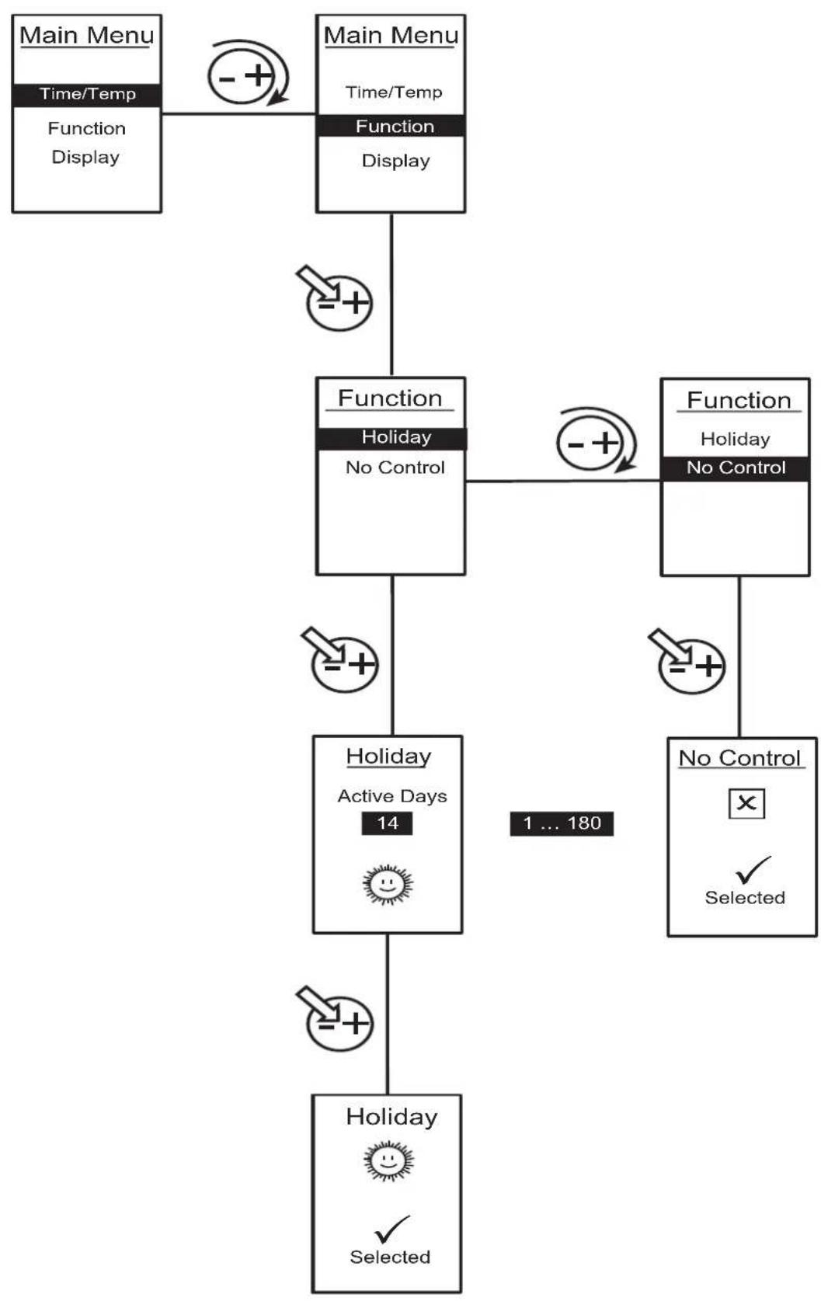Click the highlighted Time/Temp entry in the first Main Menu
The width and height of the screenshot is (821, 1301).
coord(87,94)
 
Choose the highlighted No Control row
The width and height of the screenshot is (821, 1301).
coord(735,468)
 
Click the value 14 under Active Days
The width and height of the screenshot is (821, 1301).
coord(388,823)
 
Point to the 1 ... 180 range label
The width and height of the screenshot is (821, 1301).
coord(562,823)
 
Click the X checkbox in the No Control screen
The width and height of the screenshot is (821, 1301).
coord(746,803)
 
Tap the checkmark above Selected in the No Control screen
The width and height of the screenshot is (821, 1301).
coord(753,869)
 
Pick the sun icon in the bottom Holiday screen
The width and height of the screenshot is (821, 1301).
coord(388,1161)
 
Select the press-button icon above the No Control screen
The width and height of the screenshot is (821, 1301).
coord(687,661)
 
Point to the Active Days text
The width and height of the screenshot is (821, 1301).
coord(392,796)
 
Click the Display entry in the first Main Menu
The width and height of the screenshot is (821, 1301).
coord(85,158)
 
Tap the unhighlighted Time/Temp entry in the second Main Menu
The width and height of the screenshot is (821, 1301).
coord(394,92)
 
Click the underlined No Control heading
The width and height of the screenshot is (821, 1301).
coord(740,758)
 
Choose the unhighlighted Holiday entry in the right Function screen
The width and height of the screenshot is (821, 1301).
coord(735,439)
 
